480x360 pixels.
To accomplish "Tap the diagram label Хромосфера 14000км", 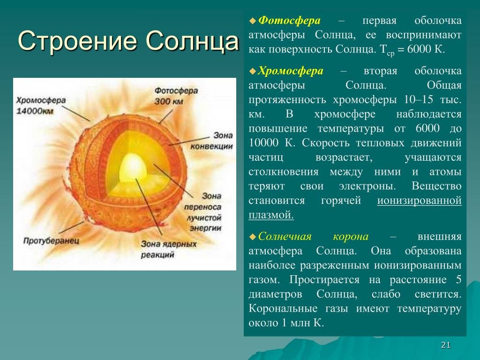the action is (41, 105).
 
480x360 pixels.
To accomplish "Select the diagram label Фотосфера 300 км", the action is (176, 96).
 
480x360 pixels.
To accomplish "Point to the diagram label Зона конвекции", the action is (212, 141).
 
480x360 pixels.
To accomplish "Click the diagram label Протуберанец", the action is (51, 240).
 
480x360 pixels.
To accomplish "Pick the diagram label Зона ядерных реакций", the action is (169, 249).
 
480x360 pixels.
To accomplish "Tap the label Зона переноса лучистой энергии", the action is (202, 212).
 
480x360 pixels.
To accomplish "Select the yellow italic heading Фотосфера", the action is (289, 21).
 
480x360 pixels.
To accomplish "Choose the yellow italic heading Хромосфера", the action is (290, 71).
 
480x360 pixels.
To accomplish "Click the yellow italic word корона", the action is (351, 236).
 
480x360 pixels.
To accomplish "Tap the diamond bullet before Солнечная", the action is (253, 237).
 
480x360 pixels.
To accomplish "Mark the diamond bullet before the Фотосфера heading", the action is (253, 21).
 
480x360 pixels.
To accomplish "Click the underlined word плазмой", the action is (271, 215).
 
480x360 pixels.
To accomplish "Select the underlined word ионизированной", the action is (419, 201).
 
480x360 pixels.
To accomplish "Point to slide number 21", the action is (446, 345).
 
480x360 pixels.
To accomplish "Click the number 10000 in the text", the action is (263, 142).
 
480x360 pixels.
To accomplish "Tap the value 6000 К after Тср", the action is (426, 49).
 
